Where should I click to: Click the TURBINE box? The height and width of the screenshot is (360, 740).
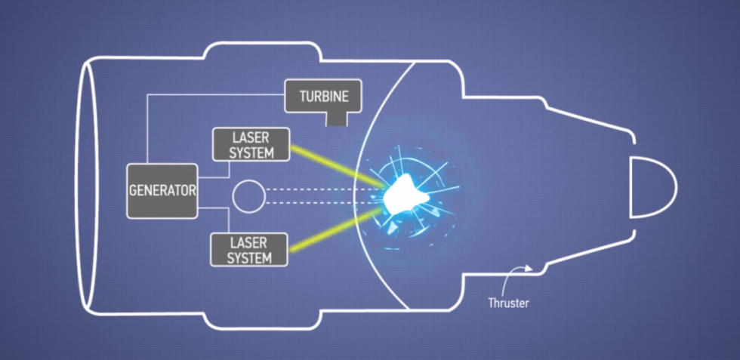pyautogui.click(x=323, y=96)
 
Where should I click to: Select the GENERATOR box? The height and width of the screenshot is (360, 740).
pyautogui.click(x=162, y=191)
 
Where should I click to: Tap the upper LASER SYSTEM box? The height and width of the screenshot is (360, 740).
pyautogui.click(x=251, y=145)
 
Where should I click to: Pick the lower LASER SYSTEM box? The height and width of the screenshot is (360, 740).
pyautogui.click(x=249, y=250)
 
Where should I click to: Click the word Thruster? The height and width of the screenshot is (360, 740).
pyautogui.click(x=508, y=303)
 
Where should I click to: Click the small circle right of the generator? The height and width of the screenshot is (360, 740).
pyautogui.click(x=248, y=195)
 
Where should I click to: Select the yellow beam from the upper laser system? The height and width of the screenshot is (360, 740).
pyautogui.click(x=338, y=166)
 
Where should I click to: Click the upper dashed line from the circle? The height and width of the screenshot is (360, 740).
pyautogui.click(x=324, y=189)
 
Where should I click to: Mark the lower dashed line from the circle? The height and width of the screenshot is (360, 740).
pyautogui.click(x=324, y=203)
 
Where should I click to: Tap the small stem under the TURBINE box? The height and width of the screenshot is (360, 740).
pyautogui.click(x=337, y=119)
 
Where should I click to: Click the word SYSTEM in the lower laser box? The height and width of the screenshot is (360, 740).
pyautogui.click(x=249, y=257)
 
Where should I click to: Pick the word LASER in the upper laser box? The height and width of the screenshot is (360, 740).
pyautogui.click(x=251, y=138)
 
